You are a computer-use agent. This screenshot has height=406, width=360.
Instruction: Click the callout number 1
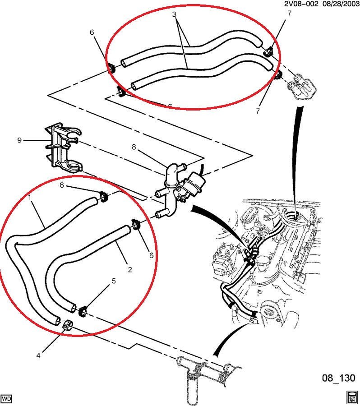point(30,197)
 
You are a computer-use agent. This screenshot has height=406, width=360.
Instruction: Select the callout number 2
point(130,270)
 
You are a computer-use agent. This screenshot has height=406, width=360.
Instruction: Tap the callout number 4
point(38,356)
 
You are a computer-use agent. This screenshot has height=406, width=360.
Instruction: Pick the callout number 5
point(114,281)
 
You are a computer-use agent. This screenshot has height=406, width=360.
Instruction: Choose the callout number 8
point(134,147)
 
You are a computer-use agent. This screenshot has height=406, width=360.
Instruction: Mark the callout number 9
point(19,140)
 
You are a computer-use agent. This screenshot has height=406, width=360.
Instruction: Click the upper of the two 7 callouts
point(289,14)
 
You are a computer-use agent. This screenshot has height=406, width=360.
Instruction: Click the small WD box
point(7,398)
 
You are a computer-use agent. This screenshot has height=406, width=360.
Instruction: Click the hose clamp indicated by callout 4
point(68,325)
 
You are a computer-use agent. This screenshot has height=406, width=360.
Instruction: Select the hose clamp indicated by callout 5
point(83,311)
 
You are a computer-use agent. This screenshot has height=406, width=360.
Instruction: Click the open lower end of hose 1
point(56,321)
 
